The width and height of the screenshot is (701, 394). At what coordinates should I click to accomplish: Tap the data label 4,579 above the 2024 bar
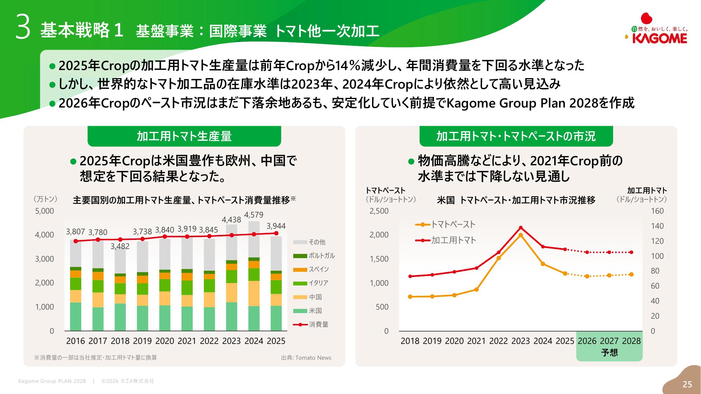tap(254, 215)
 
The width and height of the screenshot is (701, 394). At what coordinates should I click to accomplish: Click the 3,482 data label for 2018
tap(120, 246)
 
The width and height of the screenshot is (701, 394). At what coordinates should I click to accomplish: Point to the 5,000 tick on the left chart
tap(44, 211)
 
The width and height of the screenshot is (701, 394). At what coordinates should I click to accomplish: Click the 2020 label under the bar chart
tap(165, 341)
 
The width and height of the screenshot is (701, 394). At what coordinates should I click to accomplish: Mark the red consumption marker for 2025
tap(276, 233)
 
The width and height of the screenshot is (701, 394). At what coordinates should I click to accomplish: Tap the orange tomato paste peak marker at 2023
tap(521, 235)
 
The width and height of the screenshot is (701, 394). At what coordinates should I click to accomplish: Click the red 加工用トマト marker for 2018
tap(410, 276)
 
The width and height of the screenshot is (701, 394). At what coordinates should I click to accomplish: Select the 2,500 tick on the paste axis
tap(379, 211)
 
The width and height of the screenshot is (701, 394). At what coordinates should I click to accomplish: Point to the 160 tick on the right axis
tap(657, 211)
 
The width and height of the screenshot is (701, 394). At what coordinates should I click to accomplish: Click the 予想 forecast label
tap(609, 352)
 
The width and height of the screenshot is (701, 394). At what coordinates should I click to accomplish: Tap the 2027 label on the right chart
tap(609, 341)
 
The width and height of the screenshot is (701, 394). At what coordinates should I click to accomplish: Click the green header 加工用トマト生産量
tap(184, 136)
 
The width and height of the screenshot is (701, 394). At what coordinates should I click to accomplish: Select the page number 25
tap(687, 384)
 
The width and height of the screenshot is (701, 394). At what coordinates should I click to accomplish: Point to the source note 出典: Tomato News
tap(306, 358)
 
